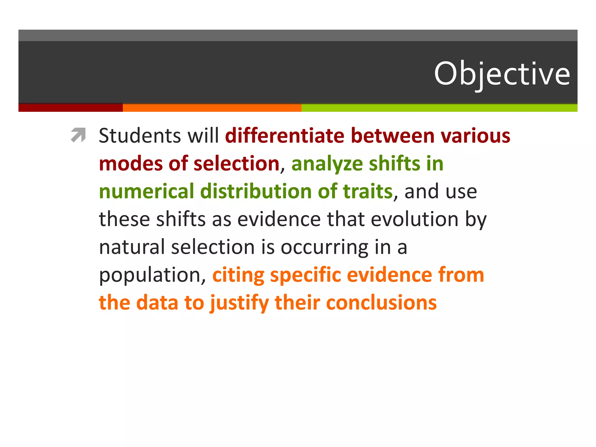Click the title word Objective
point(502,74)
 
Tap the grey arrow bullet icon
point(78,135)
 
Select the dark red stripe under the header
point(70,108)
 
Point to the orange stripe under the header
point(212,108)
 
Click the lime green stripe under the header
point(439,108)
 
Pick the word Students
point(140,136)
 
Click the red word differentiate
point(285,136)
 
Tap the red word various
point(475,136)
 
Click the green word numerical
point(146,191)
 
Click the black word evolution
point(414,219)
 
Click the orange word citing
point(238,275)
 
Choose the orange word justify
point(239,303)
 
